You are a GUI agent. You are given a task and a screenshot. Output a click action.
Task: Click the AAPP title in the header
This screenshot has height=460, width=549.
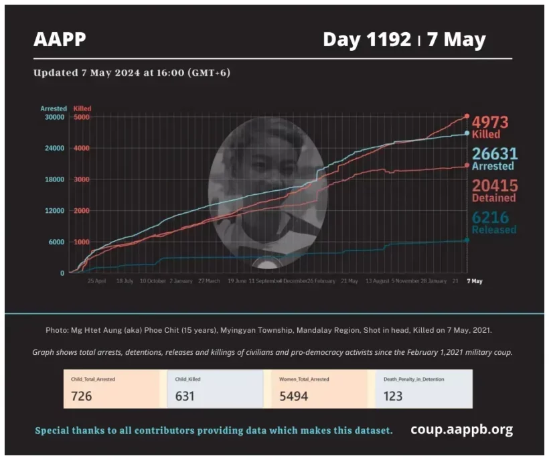[60, 40]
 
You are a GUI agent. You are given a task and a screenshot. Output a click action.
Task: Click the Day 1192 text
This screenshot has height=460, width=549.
[366, 40]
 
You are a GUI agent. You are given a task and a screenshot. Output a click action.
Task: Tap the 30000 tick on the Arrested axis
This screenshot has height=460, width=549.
[54, 117]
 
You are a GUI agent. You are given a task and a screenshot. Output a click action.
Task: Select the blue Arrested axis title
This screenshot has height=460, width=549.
[54, 108]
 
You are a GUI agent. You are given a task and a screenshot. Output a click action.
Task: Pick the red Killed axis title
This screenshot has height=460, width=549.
[83, 108]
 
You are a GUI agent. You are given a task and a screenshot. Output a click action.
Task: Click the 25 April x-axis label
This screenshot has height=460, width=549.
[96, 281]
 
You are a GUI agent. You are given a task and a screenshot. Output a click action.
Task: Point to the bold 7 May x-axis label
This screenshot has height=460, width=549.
[474, 281]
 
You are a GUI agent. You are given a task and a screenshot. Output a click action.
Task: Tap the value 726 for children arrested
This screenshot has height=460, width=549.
[81, 396]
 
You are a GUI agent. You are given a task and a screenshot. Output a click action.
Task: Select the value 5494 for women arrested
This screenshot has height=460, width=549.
[294, 396]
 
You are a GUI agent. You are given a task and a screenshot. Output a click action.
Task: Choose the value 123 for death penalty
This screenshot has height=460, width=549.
[393, 396]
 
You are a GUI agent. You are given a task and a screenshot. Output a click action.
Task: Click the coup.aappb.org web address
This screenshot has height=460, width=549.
[461, 429]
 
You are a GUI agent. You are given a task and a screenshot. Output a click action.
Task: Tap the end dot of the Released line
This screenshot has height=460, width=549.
[467, 240]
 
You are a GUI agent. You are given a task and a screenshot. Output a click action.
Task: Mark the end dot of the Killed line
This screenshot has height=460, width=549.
[467, 117]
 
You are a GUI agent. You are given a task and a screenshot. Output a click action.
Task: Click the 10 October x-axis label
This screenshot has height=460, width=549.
[152, 281]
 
